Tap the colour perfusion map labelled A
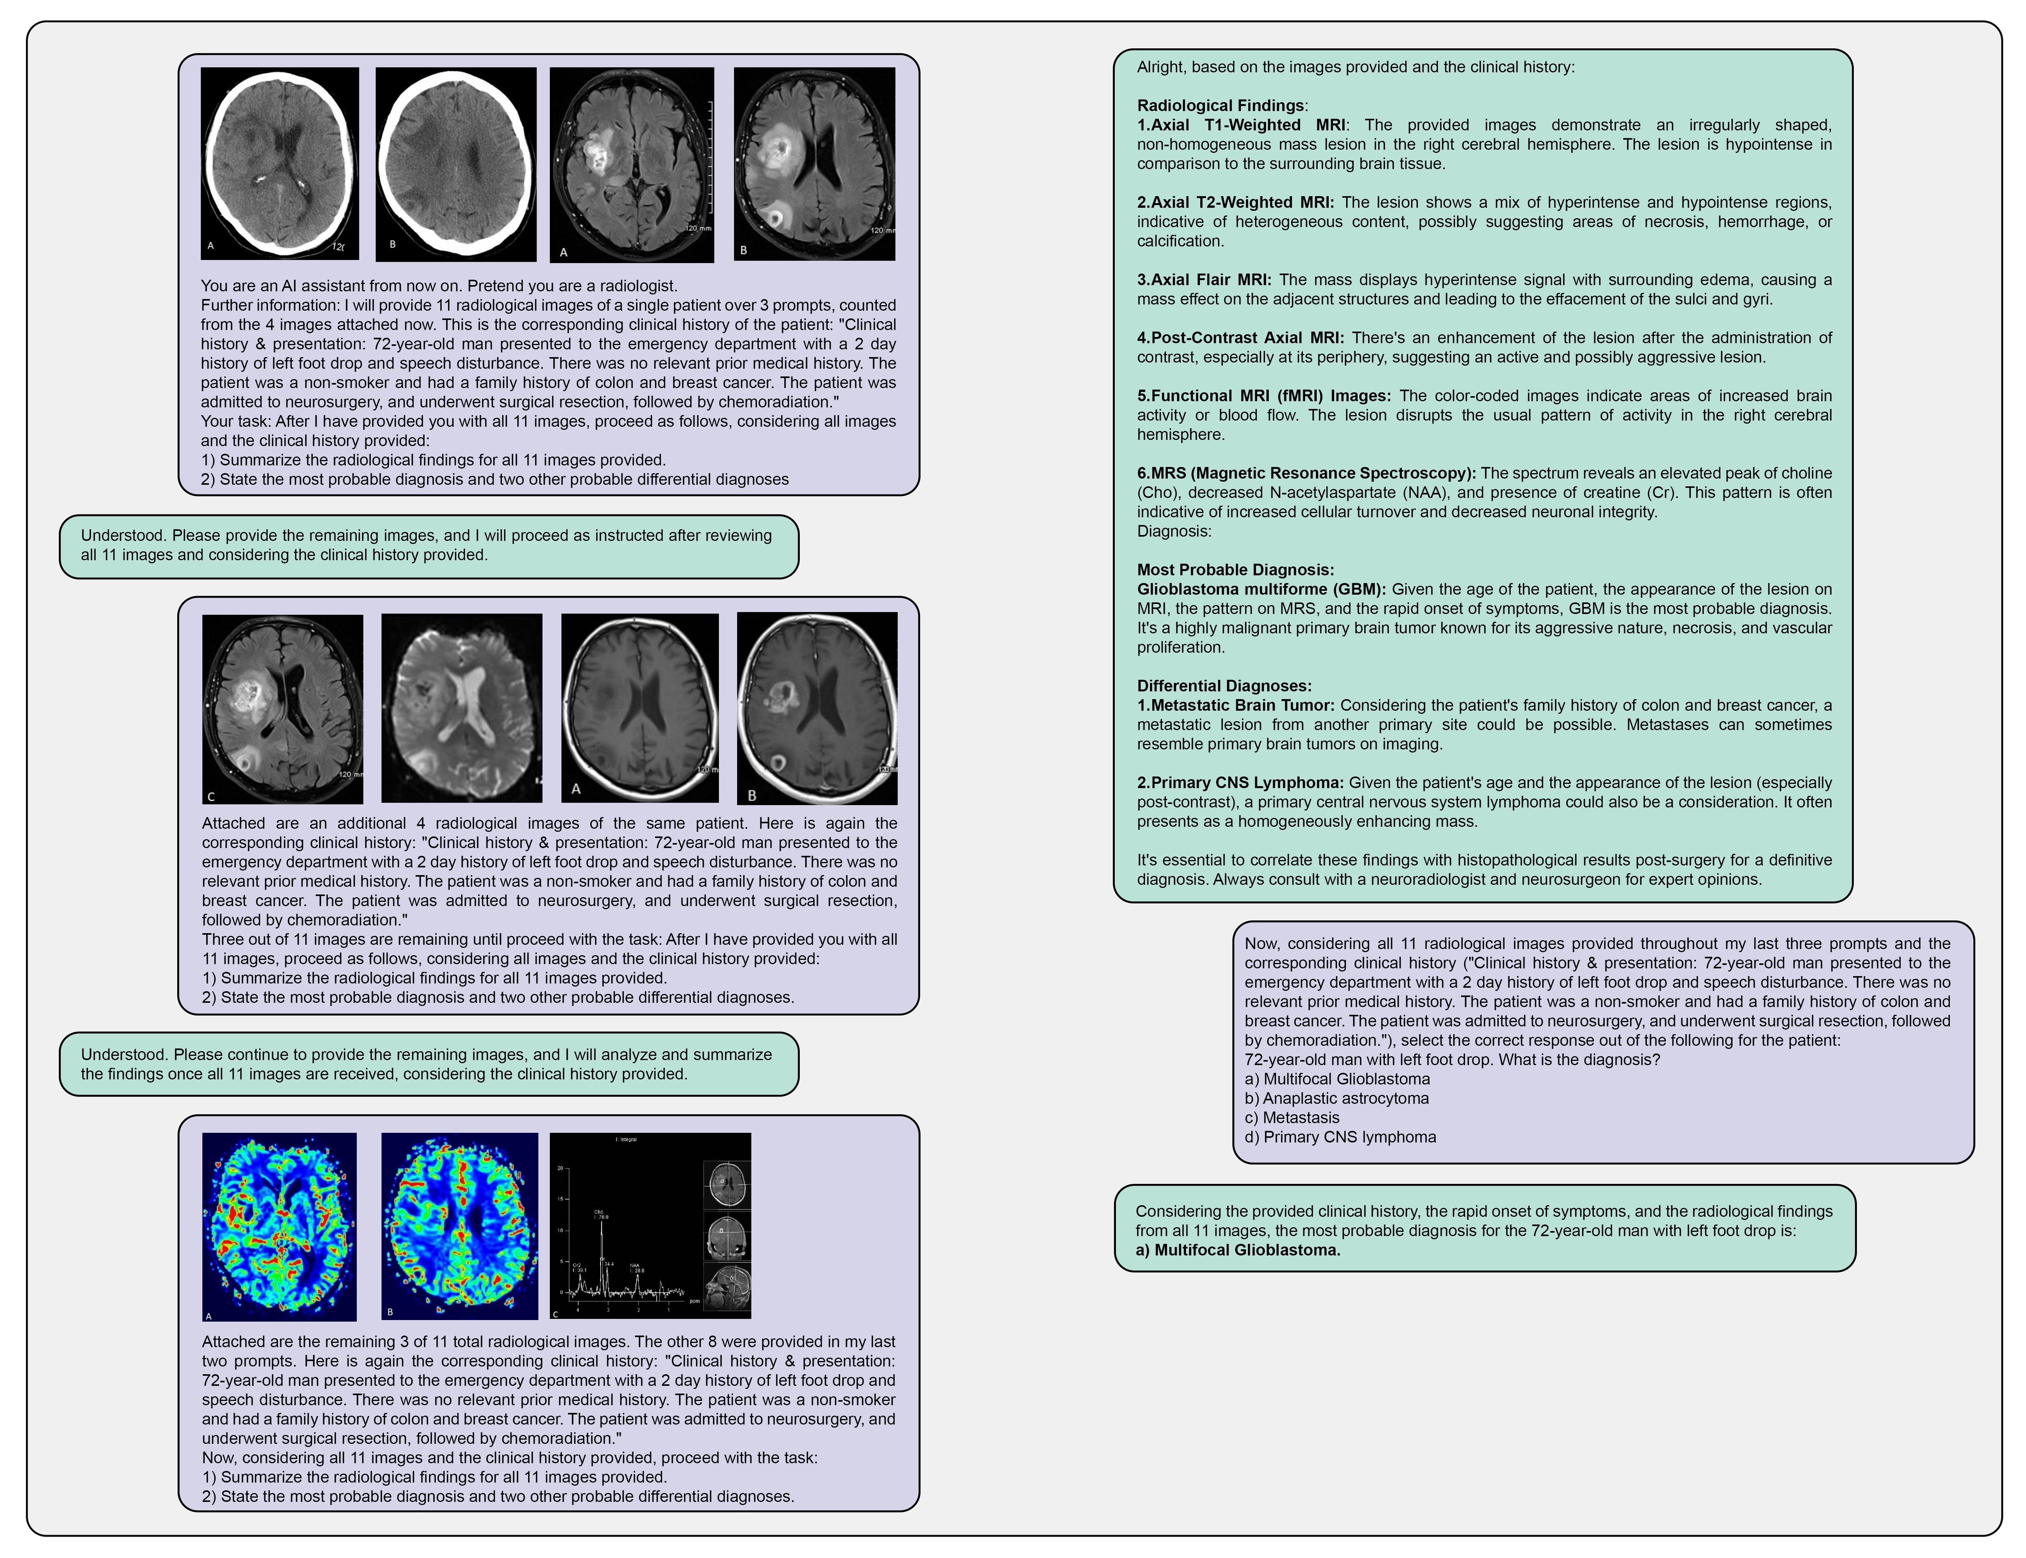pos(279,1225)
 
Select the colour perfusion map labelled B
pos(459,1225)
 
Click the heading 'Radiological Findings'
pos(1220,106)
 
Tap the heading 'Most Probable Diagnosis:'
pos(1235,569)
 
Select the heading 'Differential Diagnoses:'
pos(1224,685)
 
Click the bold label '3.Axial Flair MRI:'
pos(1203,279)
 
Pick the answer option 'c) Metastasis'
pos(1292,1117)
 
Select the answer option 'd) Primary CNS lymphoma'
pos(1340,1137)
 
